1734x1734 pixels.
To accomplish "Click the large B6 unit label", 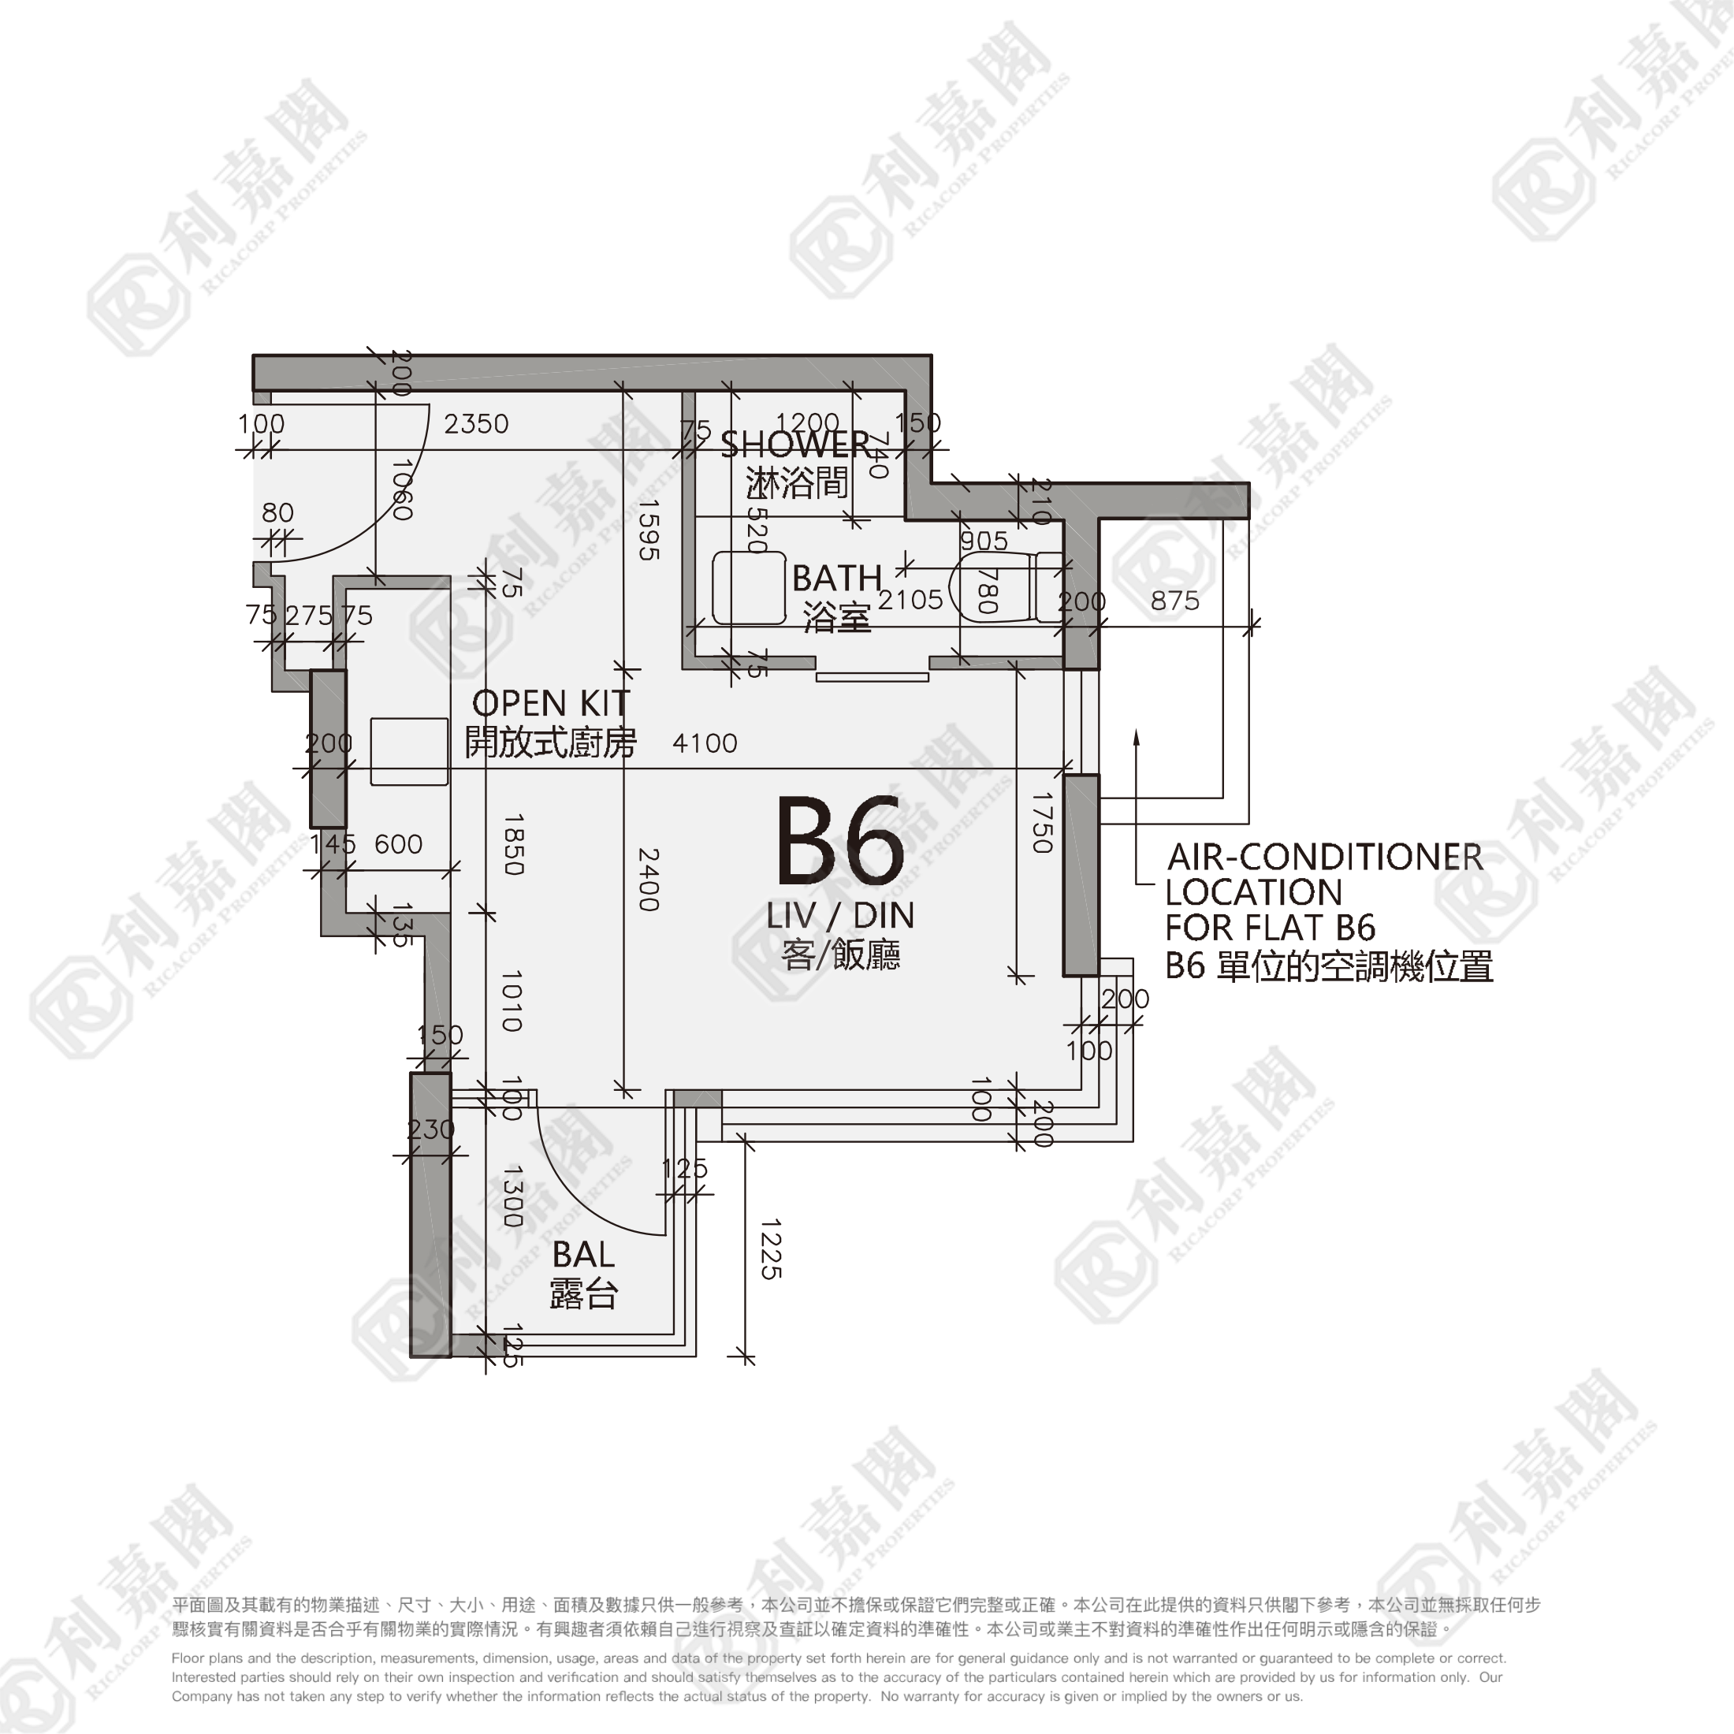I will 839,841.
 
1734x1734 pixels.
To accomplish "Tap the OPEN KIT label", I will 550,704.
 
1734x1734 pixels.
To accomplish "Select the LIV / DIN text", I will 840,915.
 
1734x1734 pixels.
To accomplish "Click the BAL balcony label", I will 583,1254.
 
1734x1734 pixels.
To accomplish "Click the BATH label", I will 836,578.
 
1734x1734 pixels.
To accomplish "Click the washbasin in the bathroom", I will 749,588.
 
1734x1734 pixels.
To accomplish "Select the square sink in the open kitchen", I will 409,751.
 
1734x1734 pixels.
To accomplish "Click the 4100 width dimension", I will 705,743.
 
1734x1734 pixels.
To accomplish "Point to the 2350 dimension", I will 476,423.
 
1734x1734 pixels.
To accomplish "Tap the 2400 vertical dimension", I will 648,880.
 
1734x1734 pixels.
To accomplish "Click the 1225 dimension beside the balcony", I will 770,1248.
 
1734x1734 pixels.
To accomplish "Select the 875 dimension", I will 1175,601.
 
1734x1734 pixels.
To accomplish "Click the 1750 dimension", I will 1041,822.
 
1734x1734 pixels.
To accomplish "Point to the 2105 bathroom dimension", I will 910,600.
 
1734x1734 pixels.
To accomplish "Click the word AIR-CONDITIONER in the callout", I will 1324,857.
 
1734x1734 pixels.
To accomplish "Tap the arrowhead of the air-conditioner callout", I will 1137,738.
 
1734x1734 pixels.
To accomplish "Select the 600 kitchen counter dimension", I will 399,843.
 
